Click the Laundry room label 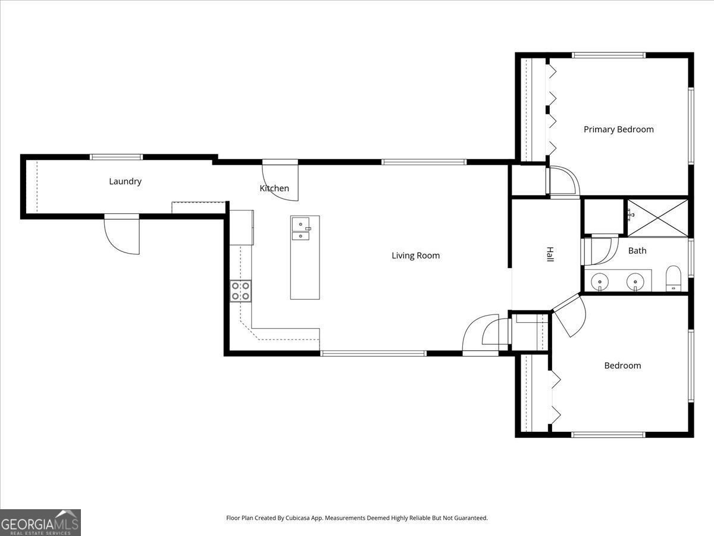coord(125,181)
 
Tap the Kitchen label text coord(274,188)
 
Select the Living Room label coord(415,255)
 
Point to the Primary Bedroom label coord(618,129)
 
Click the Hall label coord(550,255)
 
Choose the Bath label coord(637,251)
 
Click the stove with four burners coord(240,291)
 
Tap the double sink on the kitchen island coord(301,228)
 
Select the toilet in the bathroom coord(673,279)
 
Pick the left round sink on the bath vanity coord(600,281)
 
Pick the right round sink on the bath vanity coord(635,281)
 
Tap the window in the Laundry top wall coord(117,157)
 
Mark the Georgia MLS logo coord(40,522)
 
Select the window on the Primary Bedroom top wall coord(608,55)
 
